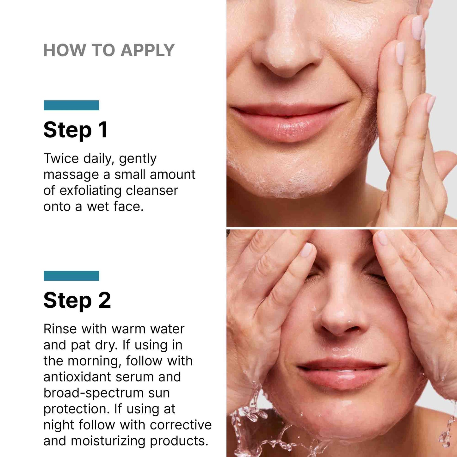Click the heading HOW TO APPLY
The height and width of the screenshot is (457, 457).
[x=109, y=50]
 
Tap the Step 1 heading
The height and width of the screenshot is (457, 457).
[x=76, y=130]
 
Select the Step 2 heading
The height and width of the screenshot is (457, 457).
[x=77, y=300]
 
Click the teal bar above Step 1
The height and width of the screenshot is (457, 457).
[x=71, y=105]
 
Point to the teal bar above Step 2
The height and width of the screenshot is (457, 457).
[x=71, y=276]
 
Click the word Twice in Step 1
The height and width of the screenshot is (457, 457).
[x=61, y=158]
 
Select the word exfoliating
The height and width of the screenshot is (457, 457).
[x=90, y=191]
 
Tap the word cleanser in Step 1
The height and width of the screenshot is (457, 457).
[x=152, y=191]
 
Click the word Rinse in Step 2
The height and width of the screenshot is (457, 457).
[x=60, y=329]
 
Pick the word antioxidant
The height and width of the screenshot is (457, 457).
[x=77, y=377]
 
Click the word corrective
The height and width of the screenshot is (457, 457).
[x=181, y=425]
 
